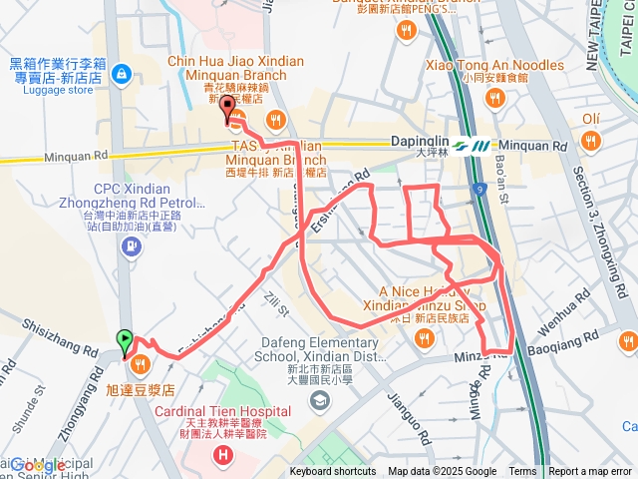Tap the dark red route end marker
pyautogui.click(x=227, y=108)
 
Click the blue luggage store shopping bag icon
pyautogui.click(x=121, y=73)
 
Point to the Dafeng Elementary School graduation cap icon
pyautogui.click(x=319, y=400)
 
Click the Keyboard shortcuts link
pyautogui.click(x=334, y=472)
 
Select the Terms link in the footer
pyautogui.click(x=522, y=472)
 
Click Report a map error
pyautogui.click(x=590, y=472)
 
